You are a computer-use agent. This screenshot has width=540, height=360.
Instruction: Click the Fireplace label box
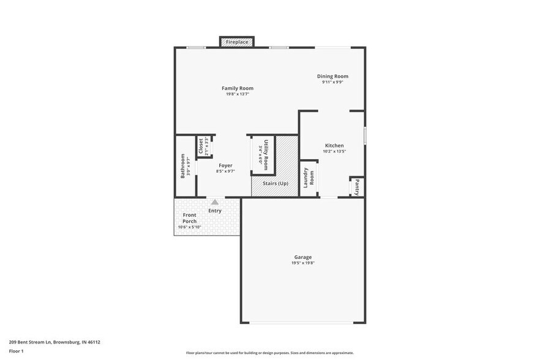coord(237,42)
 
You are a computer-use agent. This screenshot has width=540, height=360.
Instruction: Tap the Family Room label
coord(238,88)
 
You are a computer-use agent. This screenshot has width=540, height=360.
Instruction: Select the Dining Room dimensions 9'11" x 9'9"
coord(332,82)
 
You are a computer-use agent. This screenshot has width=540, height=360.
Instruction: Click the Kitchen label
coord(334,146)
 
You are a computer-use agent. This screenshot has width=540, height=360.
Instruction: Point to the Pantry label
coord(357,186)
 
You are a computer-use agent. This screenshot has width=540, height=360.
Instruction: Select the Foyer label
coord(225,165)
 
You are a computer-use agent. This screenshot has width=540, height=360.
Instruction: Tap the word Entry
coord(215,211)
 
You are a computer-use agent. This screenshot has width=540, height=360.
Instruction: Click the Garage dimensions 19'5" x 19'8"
coord(302,263)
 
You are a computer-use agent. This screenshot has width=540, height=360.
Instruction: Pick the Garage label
coord(302,257)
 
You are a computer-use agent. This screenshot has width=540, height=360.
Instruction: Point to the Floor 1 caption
coord(16,351)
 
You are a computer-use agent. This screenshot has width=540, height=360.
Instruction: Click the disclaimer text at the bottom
coord(269,353)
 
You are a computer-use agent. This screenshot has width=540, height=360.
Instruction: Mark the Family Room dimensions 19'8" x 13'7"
coord(238,94)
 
